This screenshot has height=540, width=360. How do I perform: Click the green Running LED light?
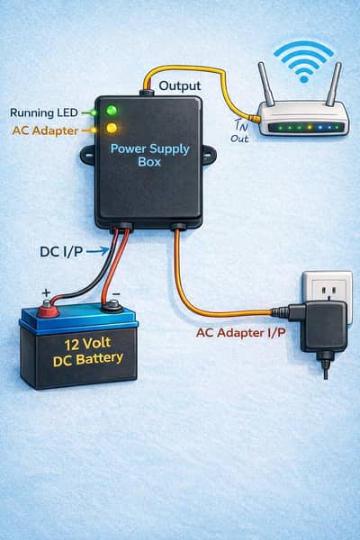point(112,111)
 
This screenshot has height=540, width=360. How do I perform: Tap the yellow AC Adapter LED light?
point(112,130)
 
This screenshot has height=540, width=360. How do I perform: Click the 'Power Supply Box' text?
point(150,156)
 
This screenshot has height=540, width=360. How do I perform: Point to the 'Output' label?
point(179,85)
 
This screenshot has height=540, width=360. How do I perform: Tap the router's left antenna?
point(266,84)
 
